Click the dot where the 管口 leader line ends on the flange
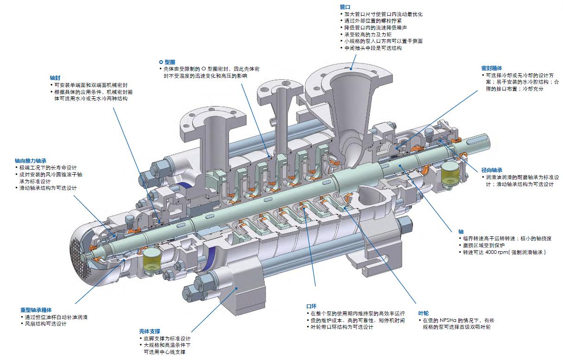pos(351,68)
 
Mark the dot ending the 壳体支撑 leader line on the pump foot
pos(236,288)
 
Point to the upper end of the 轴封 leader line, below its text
pos(113,108)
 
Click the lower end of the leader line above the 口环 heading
pos(315,286)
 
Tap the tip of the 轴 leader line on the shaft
pos(400,165)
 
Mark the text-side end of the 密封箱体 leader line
pos(477,90)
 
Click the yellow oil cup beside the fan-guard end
pos(152,259)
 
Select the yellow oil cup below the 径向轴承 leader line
pos(450,173)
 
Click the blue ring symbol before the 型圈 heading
pos(161,62)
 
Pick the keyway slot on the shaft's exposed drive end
pos(478,140)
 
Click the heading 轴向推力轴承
pos(31,161)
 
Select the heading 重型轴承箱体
pos(36,310)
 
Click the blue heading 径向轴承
pos(492,170)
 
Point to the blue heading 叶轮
pos(424,313)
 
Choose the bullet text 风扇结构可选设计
pos(46,324)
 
